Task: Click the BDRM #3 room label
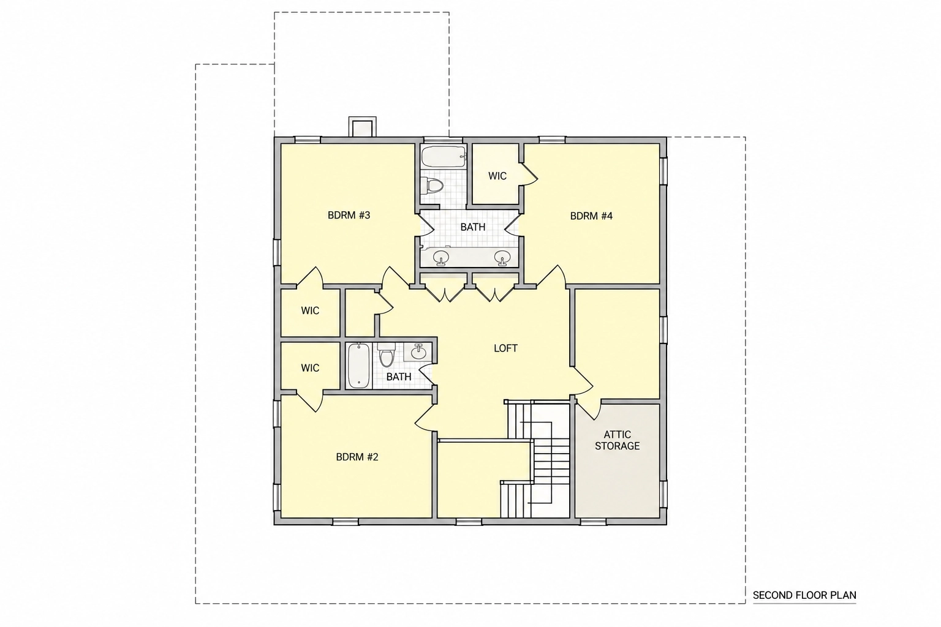coord(349,216)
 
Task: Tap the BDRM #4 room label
coord(591,216)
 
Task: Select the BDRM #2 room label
coord(357,457)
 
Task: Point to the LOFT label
coord(505,348)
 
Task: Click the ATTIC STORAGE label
coord(617,440)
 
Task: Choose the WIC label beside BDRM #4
coord(497,176)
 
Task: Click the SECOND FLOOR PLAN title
coord(804,595)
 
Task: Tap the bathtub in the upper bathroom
coord(444,157)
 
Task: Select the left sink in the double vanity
coord(440,257)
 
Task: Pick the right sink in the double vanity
coord(502,257)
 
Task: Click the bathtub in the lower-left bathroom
coord(358,366)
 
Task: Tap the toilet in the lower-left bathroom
coord(386,355)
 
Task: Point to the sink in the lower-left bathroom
coord(418,352)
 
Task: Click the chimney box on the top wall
coord(362,127)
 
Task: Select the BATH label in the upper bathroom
coord(473,227)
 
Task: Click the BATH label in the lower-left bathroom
coord(399,377)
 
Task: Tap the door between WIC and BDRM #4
coord(529,173)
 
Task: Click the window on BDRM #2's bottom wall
coord(346,522)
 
